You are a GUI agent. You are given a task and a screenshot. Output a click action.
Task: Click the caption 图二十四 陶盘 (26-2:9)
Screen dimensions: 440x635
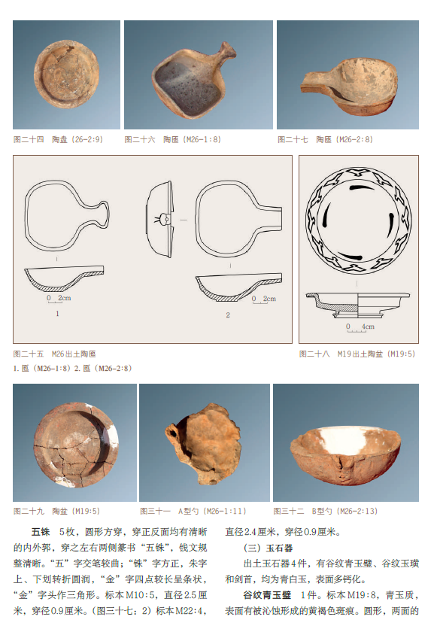click(58, 139)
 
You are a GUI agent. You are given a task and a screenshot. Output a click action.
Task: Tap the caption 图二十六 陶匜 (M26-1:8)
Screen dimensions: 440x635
click(172, 139)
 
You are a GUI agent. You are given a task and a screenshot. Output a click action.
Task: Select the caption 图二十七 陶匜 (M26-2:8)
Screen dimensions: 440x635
click(325, 139)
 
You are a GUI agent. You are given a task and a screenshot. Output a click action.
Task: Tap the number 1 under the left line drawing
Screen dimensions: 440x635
click(57, 314)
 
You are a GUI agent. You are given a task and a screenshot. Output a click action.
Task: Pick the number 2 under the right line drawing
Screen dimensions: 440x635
click(228, 314)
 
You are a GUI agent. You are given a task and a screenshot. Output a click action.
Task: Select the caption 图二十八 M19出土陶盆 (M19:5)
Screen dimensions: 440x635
click(357, 354)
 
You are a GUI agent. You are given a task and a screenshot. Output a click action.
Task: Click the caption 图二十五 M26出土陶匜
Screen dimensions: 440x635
click(55, 354)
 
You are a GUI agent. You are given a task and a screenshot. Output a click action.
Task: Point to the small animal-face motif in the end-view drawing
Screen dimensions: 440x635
click(163, 220)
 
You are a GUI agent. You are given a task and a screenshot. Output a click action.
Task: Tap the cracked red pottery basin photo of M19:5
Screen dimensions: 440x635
click(76, 444)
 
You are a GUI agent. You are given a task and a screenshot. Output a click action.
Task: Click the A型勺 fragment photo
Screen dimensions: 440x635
click(203, 443)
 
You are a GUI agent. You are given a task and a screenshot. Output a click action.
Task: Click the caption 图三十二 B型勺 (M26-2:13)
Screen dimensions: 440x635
click(326, 511)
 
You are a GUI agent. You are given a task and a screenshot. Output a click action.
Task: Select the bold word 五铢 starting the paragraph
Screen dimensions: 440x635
click(41, 532)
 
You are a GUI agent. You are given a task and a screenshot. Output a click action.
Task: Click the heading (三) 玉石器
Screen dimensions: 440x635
click(268, 548)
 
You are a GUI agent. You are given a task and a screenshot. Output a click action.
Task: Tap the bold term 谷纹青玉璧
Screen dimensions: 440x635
click(267, 595)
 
